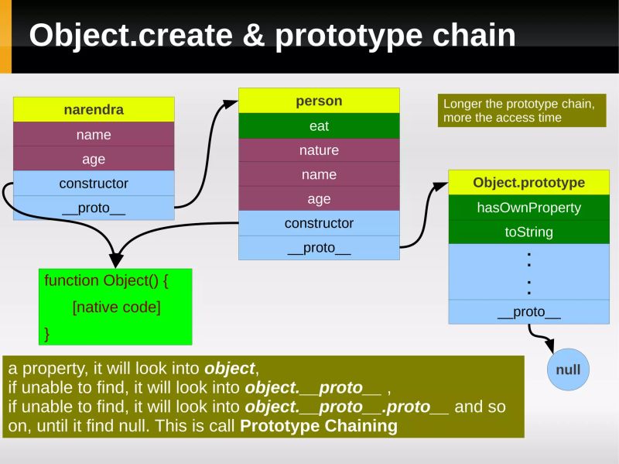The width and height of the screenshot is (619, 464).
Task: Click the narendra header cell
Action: coord(94,109)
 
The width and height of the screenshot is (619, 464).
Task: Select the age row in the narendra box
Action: coord(94,159)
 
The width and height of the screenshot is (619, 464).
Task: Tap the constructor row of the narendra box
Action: coord(94,184)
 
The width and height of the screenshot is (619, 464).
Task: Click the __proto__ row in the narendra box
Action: coord(94,208)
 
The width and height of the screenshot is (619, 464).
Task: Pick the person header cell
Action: coord(319,101)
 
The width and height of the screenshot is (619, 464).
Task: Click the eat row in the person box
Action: coord(319,125)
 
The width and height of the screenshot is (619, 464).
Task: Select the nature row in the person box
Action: coord(319,150)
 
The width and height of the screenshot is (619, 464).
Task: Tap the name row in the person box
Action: coord(319,174)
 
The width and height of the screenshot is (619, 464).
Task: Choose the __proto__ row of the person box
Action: coord(319,248)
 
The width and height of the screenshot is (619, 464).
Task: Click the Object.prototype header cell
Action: coord(528,183)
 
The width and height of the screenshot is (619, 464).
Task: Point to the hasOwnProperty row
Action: coord(528,208)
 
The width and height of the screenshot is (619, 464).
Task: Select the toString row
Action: coord(528,232)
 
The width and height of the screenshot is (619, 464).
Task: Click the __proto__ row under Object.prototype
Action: coord(528,312)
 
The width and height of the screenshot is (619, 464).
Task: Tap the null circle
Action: coord(567,369)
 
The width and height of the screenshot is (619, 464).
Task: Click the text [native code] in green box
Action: coord(116,307)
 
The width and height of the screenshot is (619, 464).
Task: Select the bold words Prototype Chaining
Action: coord(319,426)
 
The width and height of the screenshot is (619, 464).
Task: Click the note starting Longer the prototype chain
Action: coord(521,111)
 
